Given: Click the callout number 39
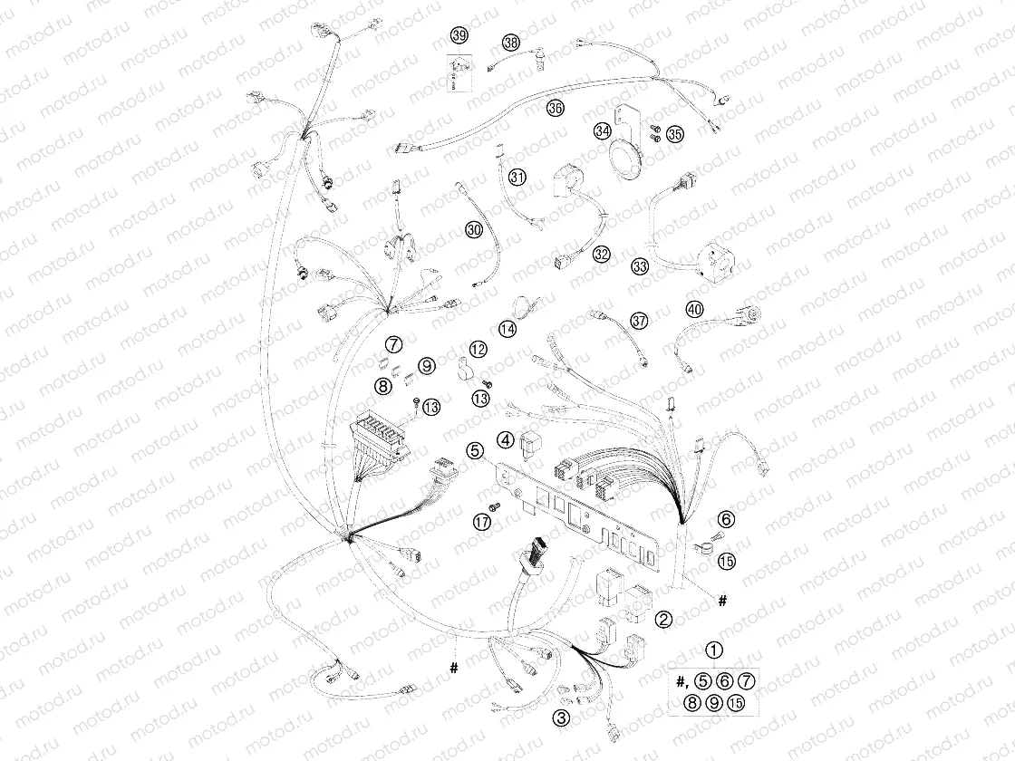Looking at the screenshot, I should tap(459, 35).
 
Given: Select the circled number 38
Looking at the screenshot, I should tap(511, 43).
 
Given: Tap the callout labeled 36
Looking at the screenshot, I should tap(555, 109).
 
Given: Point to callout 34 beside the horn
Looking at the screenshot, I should tap(603, 131).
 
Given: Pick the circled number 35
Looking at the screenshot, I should tap(674, 135).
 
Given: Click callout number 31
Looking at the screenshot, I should tap(517, 177).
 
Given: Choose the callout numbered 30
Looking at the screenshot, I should tap(474, 231).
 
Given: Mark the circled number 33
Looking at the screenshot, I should tap(641, 266).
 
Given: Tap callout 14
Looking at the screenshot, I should tap(507, 330).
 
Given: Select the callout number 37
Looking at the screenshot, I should tap(640, 321).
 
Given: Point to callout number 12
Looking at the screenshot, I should tap(478, 349).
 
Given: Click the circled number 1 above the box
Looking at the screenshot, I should tap(715, 650).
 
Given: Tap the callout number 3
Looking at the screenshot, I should tap(562, 718).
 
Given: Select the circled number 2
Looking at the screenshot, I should tap(664, 620).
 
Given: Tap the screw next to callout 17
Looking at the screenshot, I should tap(497, 505).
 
